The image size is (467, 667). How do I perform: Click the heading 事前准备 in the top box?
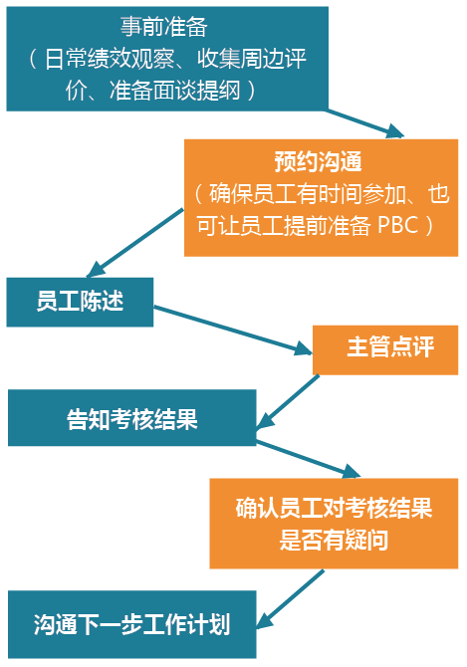click(163, 27)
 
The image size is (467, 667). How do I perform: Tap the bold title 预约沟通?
click(319, 161)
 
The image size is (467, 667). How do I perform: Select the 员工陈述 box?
click(80, 302)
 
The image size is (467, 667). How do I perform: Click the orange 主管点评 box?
click(385, 350)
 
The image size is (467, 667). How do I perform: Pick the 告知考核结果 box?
click(132, 418)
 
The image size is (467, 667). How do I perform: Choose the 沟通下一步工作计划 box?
click(132, 624)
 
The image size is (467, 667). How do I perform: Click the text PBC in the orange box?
click(398, 225)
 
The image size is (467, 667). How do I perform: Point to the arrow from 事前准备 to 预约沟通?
click(364, 123)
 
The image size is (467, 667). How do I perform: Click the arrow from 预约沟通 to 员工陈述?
click(134, 243)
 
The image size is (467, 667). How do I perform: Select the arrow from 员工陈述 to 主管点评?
click(233, 331)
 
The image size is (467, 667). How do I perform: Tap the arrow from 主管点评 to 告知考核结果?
click(288, 401)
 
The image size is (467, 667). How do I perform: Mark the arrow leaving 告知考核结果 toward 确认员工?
click(309, 459)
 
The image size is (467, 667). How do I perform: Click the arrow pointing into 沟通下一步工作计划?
click(290, 599)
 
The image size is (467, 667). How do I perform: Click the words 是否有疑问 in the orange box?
click(334, 541)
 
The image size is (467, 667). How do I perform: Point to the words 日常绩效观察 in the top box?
click(110, 59)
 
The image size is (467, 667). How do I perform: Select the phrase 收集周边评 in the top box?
click(252, 59)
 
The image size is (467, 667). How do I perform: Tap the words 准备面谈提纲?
click(175, 91)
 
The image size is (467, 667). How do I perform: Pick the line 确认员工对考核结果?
click(334, 508)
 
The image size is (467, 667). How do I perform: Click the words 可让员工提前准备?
click(283, 225)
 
